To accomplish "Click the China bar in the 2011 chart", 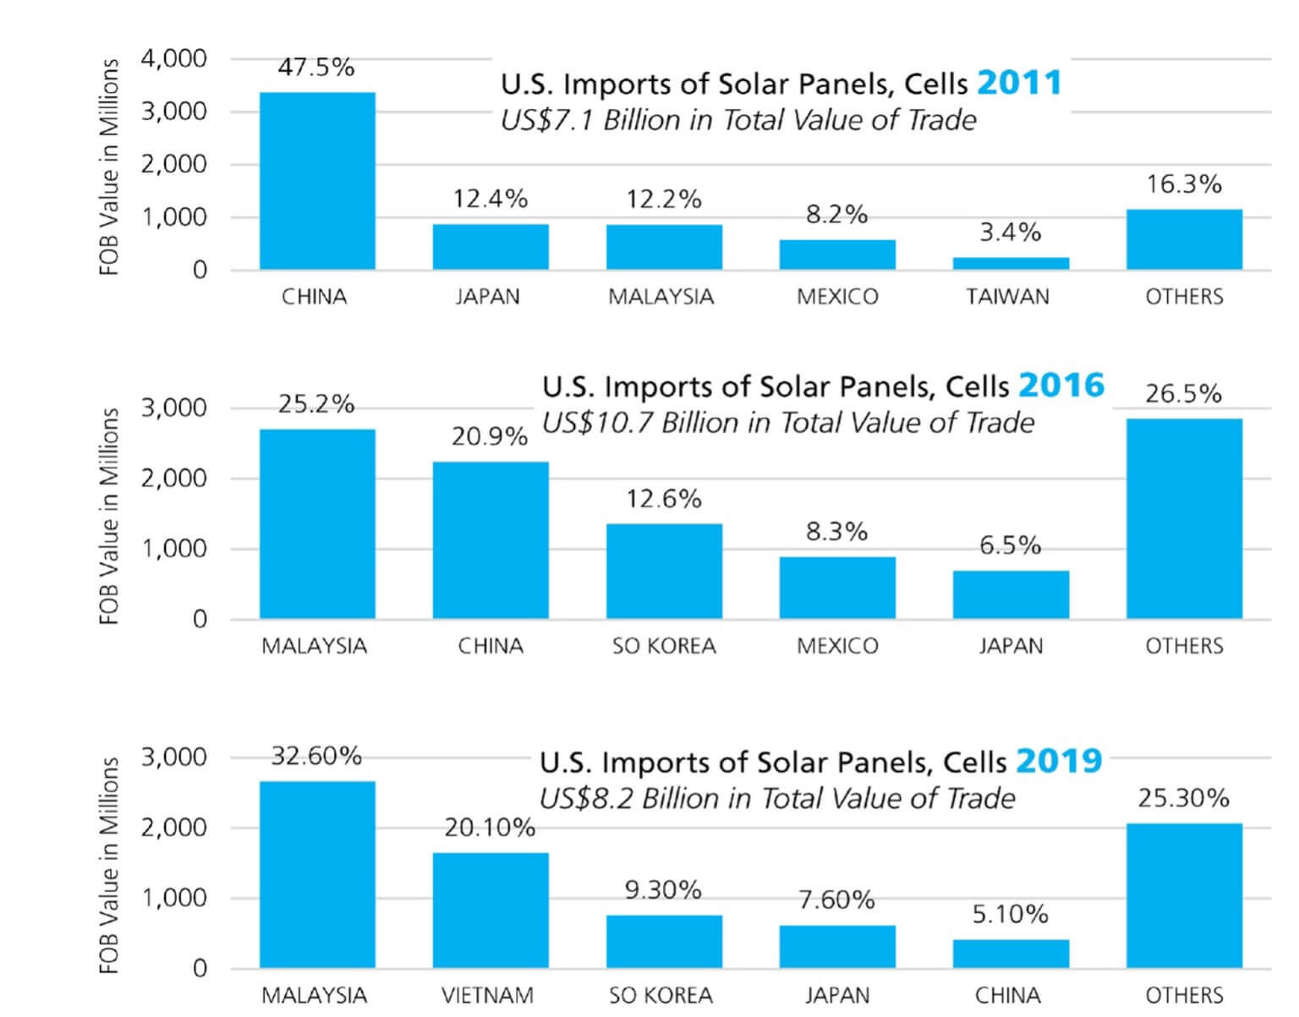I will (x=317, y=181).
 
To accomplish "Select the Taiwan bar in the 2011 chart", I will (x=1011, y=263).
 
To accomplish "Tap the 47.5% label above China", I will (x=316, y=68).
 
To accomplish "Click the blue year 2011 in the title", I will (x=1018, y=83).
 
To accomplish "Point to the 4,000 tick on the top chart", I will (x=174, y=58).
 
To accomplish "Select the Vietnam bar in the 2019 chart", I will (x=491, y=910).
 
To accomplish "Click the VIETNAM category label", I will (x=487, y=995).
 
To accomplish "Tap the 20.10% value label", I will (x=490, y=828).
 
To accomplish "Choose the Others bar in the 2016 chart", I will (x=1184, y=518).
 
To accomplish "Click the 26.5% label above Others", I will (x=1183, y=394).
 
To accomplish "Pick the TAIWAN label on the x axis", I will (x=1008, y=297).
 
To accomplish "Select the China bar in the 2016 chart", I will (x=491, y=539).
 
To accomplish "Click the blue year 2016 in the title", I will (x=1061, y=385).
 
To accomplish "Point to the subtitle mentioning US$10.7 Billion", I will (x=787, y=423).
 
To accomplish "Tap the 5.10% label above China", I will (x=1010, y=915).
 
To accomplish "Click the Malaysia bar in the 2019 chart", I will (x=317, y=874).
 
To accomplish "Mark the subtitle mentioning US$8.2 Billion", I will (x=777, y=798).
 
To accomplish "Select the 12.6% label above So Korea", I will (x=664, y=500).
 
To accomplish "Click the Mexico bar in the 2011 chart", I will (x=837, y=254).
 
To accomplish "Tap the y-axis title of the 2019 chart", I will (x=109, y=864).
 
